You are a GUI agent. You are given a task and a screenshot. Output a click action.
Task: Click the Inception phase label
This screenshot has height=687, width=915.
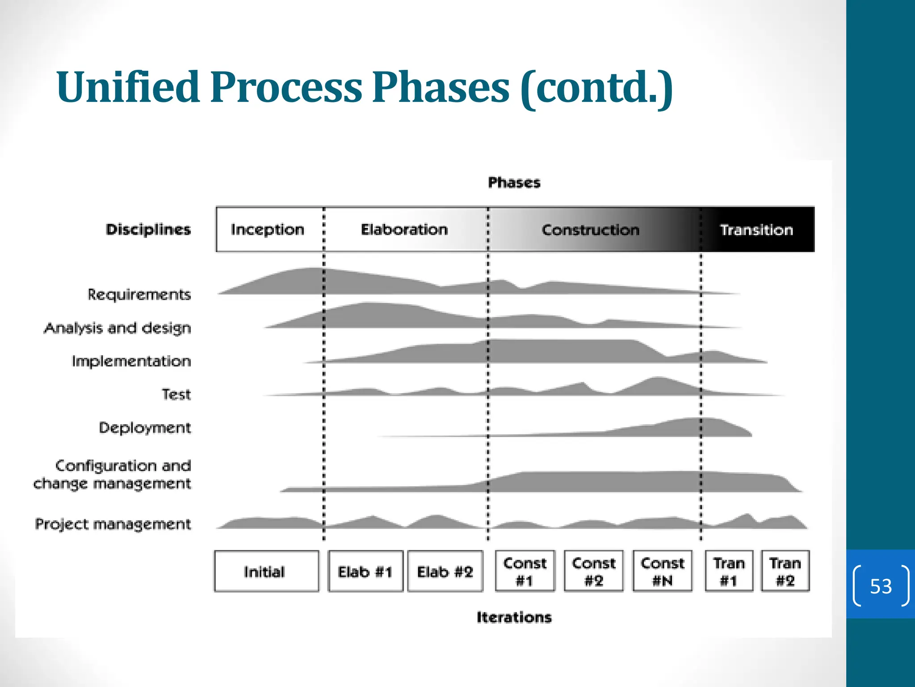click(267, 229)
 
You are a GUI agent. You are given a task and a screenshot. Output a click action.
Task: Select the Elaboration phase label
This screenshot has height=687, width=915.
click(404, 229)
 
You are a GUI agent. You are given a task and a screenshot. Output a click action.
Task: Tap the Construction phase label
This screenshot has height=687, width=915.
click(590, 230)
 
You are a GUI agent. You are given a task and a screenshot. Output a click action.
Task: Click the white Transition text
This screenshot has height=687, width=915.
click(756, 230)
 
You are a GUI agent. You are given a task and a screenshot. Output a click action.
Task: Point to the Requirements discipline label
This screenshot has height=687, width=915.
click(139, 294)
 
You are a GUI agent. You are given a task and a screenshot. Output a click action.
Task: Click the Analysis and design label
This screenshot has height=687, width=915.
click(118, 328)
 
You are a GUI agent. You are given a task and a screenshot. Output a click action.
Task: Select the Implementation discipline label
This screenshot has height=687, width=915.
click(131, 361)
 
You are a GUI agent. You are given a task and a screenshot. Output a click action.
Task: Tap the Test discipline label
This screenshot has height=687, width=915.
click(176, 394)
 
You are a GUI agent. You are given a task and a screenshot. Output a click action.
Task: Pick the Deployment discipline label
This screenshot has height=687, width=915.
click(145, 428)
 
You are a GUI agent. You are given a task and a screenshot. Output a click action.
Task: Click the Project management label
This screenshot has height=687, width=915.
click(113, 524)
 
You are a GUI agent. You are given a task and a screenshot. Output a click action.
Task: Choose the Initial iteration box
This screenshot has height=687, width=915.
click(266, 572)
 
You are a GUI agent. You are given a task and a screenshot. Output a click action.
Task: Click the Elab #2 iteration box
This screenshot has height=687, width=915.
click(445, 572)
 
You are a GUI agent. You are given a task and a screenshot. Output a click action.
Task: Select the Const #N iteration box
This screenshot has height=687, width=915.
click(662, 572)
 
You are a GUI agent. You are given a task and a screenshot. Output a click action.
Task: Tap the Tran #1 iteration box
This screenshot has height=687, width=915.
click(729, 572)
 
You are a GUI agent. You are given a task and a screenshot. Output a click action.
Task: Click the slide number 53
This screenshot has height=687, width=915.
click(881, 586)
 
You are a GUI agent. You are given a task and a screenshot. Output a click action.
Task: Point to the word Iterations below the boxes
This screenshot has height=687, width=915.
click(514, 617)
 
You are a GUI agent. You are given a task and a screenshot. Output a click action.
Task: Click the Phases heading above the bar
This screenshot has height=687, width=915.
click(514, 182)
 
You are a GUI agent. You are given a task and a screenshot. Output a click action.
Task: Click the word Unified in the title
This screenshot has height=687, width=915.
click(128, 87)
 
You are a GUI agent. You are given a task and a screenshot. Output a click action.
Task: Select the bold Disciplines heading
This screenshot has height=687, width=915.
click(148, 229)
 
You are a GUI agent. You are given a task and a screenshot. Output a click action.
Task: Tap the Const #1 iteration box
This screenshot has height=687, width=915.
click(525, 572)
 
